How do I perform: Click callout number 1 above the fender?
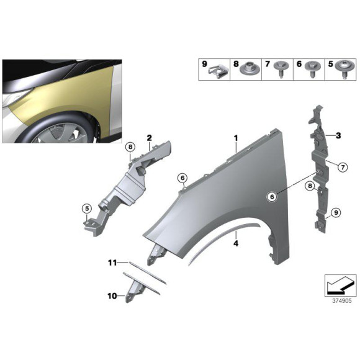pyautogui.click(x=236, y=137)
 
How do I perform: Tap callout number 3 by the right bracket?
pyautogui.click(x=338, y=135)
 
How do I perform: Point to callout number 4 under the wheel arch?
pyautogui.click(x=236, y=244)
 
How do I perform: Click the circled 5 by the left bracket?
pyautogui.click(x=87, y=208)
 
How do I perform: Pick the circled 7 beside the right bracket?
pyautogui.click(x=341, y=165)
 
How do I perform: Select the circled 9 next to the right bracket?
pyautogui.click(x=335, y=213)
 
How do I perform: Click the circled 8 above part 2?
pyautogui.click(x=130, y=146)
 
